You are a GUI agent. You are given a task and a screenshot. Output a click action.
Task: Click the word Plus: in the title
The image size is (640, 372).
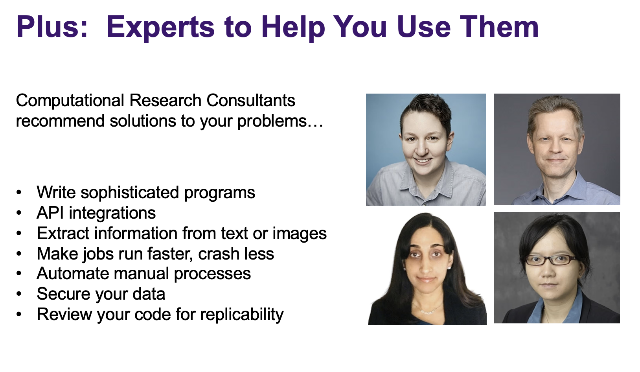click(52, 27)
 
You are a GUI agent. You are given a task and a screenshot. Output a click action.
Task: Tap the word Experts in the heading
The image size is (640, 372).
click(160, 28)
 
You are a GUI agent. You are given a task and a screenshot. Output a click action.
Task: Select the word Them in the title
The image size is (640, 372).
click(499, 27)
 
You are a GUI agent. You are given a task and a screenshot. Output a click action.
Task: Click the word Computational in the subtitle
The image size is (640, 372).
click(70, 101)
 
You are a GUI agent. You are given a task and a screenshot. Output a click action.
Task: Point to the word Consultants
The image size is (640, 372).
click(250, 101)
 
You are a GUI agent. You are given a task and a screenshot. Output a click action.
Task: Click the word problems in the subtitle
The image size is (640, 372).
click(272, 121)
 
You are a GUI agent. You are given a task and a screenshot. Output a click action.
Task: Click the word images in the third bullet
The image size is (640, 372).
click(299, 234)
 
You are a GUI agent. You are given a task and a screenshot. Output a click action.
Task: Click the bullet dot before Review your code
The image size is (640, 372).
click(19, 315)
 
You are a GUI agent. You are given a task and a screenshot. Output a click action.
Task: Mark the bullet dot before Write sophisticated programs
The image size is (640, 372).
click(19, 192)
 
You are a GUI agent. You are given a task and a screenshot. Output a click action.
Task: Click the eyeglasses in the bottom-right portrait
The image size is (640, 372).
click(550, 260)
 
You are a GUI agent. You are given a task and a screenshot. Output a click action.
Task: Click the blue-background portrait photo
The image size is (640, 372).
click(426, 149)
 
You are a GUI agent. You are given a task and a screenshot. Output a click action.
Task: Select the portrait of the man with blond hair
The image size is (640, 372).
click(557, 149)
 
